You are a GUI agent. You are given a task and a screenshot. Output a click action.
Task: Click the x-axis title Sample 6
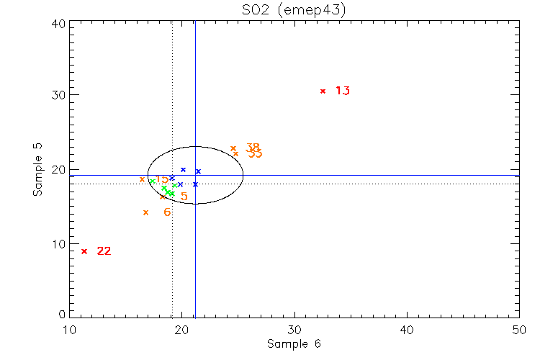coord(293,343)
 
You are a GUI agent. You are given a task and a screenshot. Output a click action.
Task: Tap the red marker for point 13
coord(323,91)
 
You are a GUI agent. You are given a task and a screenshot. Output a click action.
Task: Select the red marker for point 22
coord(84,251)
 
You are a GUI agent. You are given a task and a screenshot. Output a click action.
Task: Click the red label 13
coord(342,91)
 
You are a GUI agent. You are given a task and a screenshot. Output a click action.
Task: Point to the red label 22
coord(104,251)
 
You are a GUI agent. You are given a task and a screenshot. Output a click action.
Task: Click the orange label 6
coord(167,212)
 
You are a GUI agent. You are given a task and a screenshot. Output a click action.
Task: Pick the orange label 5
coord(184,197)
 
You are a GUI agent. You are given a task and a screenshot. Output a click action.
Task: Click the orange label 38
coord(252,148)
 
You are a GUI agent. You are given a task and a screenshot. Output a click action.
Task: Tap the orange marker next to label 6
coord(145,212)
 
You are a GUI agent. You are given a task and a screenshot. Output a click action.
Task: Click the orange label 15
coord(161,179)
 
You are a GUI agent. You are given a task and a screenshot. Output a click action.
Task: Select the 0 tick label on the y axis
coord(62,315)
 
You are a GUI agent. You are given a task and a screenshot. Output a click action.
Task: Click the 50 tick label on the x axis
coord(519,330)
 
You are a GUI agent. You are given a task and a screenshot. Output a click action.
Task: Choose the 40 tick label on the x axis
coord(407,330)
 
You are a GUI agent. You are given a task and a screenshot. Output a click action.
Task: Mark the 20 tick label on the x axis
coord(182,330)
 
